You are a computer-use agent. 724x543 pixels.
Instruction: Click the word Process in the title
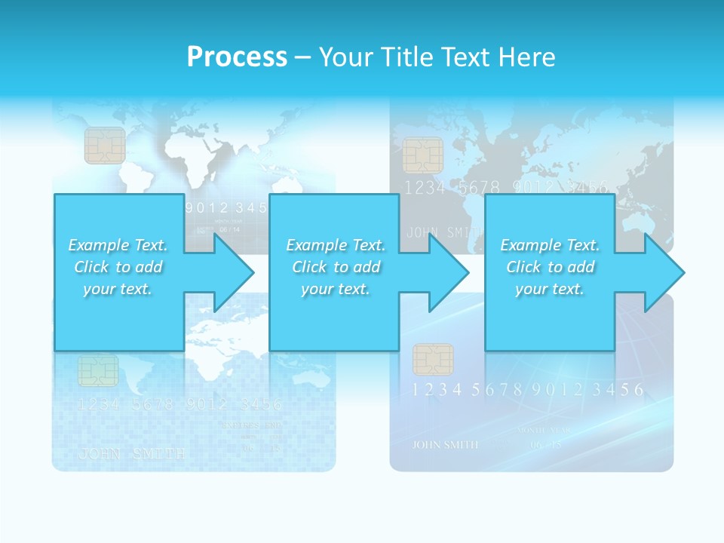(237, 57)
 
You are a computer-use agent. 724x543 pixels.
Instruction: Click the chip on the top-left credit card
(105, 145)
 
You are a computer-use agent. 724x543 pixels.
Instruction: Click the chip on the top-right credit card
(422, 155)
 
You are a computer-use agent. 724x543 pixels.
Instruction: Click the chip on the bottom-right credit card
(433, 360)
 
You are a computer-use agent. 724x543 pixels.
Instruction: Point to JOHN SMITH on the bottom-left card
(132, 454)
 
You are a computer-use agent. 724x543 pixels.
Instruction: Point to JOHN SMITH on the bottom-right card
(445, 444)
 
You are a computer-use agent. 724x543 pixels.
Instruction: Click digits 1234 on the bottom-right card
(437, 390)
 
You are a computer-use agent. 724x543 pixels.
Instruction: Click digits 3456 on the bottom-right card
(618, 390)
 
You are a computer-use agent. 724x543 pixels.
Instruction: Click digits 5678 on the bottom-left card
(152, 405)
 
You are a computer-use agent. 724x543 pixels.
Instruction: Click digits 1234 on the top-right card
(425, 188)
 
